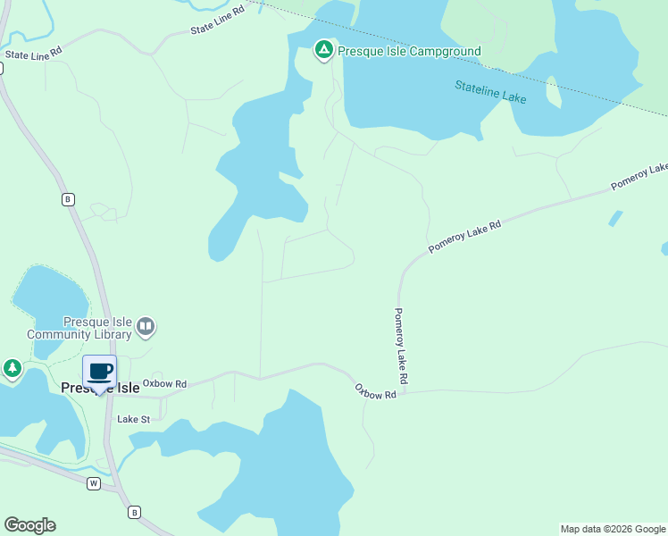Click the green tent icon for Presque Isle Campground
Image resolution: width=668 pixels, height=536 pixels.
(x=323, y=50)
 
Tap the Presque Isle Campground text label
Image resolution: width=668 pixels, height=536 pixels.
(x=409, y=51)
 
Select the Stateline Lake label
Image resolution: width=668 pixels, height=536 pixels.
(x=490, y=91)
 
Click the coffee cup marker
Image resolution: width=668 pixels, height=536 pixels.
(x=100, y=372)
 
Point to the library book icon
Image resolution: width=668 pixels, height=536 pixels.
(x=146, y=328)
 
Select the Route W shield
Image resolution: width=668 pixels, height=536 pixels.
(x=93, y=483)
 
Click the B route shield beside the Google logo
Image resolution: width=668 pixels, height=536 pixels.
(x=134, y=512)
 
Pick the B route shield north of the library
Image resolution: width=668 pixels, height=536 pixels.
(x=68, y=199)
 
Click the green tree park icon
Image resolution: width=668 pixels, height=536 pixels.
(x=12, y=368)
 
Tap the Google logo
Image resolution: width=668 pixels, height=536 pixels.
(x=29, y=525)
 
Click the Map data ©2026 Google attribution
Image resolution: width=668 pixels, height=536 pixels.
(x=613, y=529)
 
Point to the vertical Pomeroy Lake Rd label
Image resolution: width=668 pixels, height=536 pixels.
(x=401, y=347)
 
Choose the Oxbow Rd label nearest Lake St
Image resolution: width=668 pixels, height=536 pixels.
(x=164, y=384)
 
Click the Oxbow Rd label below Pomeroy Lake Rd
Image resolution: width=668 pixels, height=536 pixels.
(x=375, y=391)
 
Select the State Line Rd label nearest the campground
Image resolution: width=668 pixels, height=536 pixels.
(x=217, y=22)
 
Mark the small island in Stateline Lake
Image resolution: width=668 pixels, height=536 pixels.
(x=554, y=92)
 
